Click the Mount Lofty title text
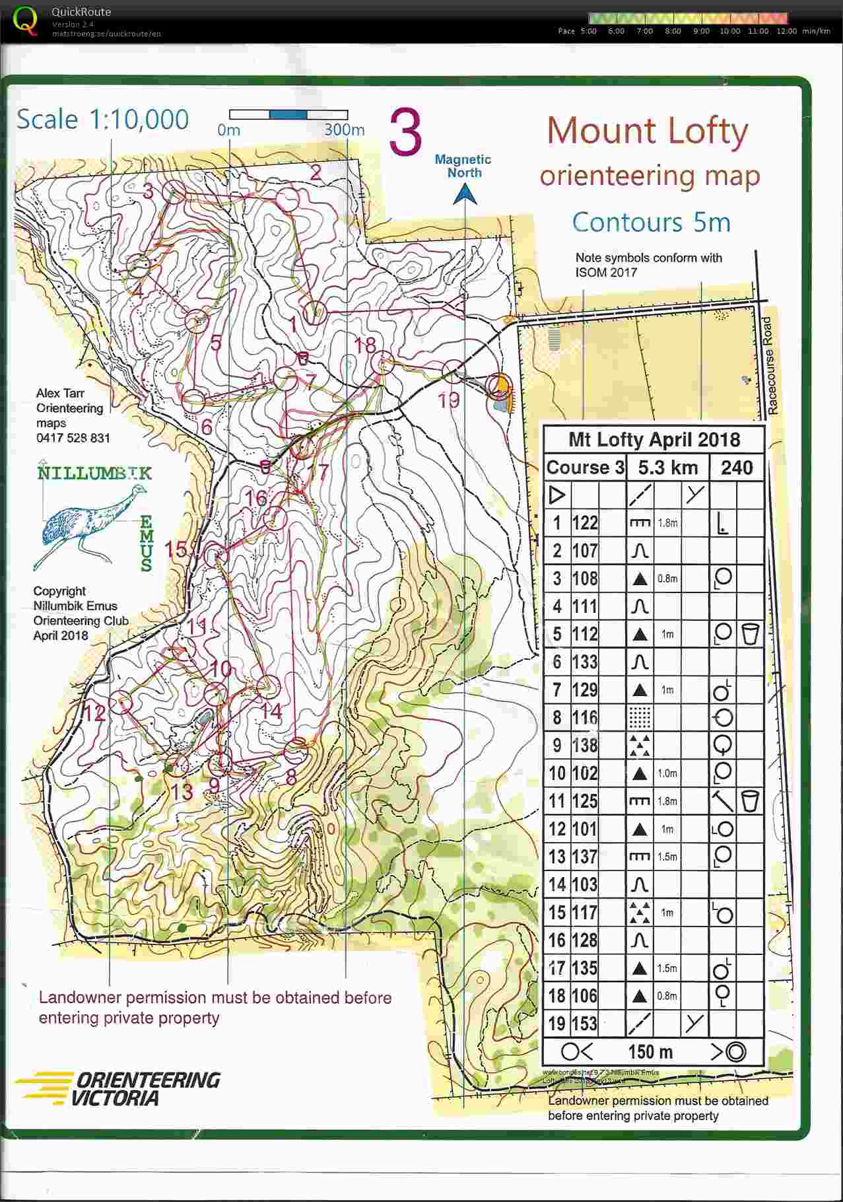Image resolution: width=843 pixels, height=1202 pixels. (647, 131)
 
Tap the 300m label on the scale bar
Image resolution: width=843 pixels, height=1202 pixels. (344, 129)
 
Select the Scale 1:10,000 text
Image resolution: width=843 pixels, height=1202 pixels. (103, 120)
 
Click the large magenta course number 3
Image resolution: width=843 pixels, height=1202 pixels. (405, 133)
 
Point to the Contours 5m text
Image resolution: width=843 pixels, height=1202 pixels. (651, 222)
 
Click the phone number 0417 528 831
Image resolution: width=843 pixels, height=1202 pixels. (73, 438)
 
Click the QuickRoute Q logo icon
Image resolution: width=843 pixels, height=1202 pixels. (25, 20)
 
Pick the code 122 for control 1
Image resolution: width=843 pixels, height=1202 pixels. (584, 523)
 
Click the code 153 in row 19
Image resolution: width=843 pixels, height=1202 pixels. (584, 1024)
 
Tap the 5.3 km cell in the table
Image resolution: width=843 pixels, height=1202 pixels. (667, 468)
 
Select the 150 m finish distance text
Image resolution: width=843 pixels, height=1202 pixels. (650, 1051)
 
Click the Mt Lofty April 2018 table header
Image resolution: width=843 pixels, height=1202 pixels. (654, 440)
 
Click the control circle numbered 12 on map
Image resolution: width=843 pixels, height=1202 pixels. (121, 702)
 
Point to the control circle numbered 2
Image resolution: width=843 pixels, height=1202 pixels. (287, 199)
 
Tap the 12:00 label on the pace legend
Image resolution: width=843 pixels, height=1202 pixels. (786, 31)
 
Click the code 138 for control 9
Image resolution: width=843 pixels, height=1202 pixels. (584, 746)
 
